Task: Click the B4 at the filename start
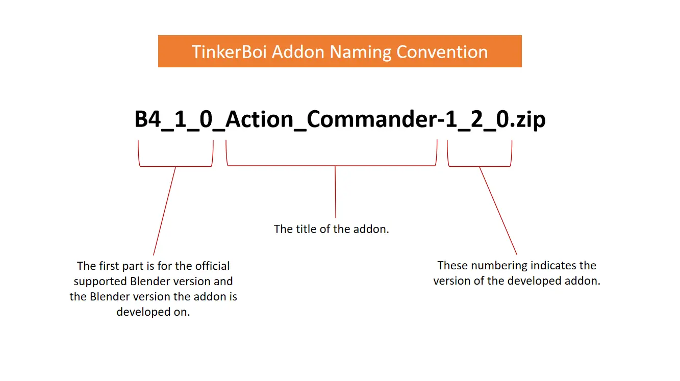point(147,120)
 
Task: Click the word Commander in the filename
point(371,120)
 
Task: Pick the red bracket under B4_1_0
point(175,166)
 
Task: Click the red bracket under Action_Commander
point(332,165)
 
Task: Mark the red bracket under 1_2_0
point(480,166)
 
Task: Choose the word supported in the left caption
point(100,281)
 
